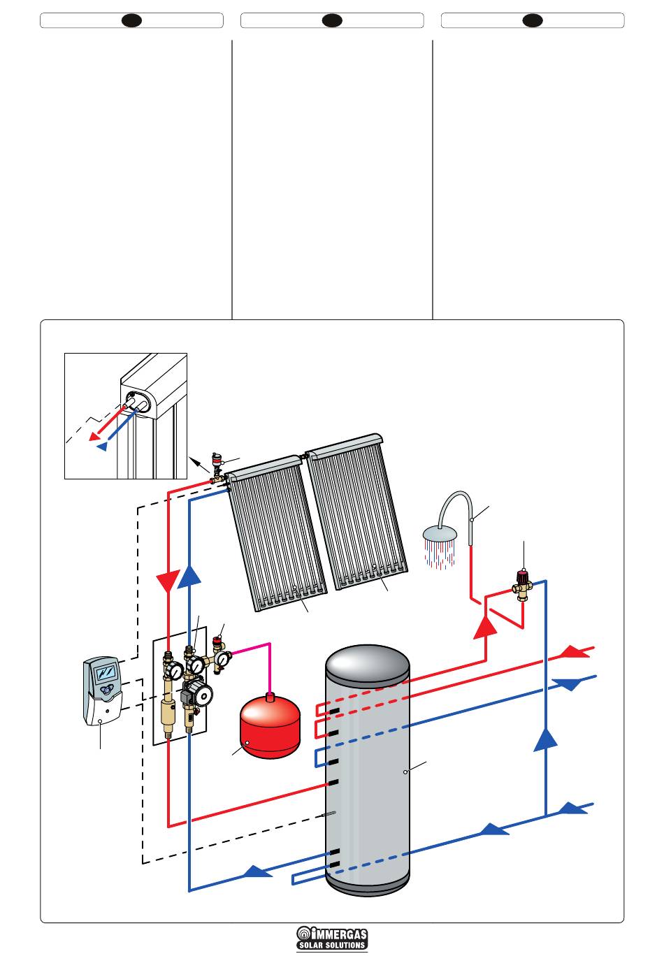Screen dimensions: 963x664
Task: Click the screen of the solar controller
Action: [106, 673]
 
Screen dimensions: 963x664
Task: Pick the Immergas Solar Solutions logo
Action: [332, 938]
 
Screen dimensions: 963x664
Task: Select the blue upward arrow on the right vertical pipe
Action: [546, 739]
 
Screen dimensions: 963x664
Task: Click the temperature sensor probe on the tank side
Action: [327, 814]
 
